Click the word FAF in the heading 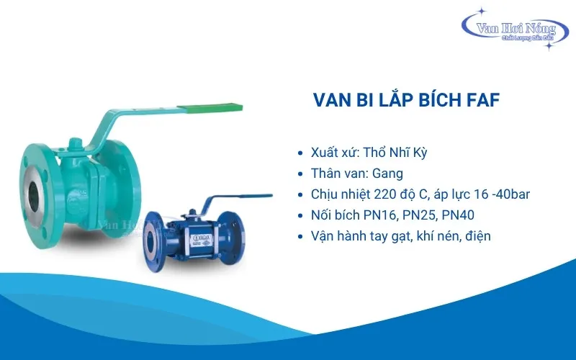476,101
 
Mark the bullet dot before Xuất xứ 300,153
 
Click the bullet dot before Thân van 300,174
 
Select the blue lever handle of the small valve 241,196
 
